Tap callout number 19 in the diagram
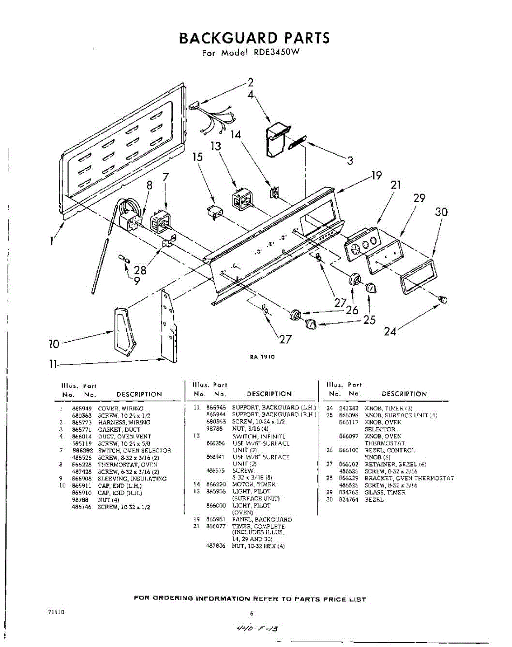(376, 175)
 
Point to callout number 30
(441, 212)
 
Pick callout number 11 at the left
(52, 364)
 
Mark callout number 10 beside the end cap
(54, 343)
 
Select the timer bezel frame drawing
(418, 277)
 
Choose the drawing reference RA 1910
(263, 356)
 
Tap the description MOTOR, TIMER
(254, 484)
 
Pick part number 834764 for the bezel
(349, 500)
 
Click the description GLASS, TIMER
(385, 493)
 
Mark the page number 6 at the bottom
(251, 613)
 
